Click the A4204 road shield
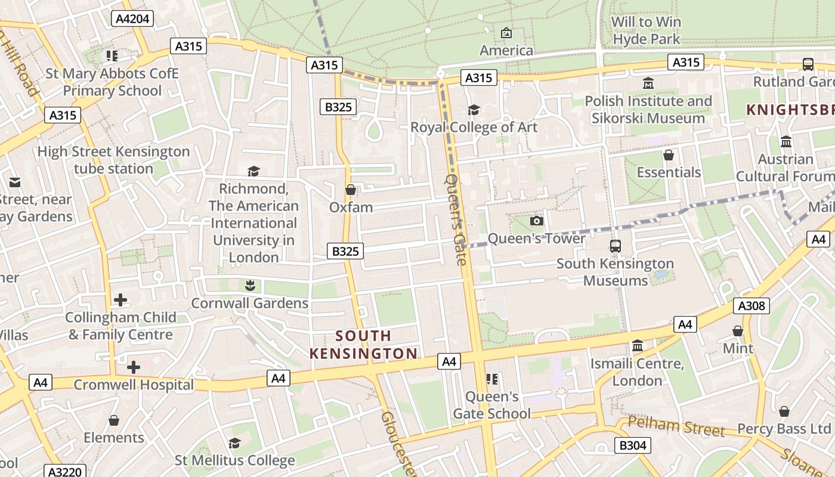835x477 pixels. [132, 18]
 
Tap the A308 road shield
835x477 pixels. [751, 306]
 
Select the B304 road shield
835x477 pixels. [632, 445]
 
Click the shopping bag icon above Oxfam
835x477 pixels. [351, 190]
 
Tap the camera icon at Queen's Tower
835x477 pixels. [537, 221]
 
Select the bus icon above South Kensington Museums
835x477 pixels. [615, 246]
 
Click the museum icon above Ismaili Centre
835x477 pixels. [638, 346]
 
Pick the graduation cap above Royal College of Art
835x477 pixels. [474, 110]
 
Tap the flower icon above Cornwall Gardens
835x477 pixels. [250, 285]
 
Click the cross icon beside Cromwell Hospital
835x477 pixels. [134, 367]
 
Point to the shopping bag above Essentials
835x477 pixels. [669, 155]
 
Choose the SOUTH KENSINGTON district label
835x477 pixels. [363, 345]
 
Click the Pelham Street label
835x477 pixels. [676, 426]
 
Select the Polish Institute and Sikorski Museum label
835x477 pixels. [648, 110]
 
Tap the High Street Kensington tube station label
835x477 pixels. [113, 160]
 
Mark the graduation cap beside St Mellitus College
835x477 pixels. [234, 443]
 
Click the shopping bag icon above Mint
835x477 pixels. [738, 330]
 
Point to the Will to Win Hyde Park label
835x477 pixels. [647, 30]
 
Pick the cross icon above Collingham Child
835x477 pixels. [120, 299]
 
